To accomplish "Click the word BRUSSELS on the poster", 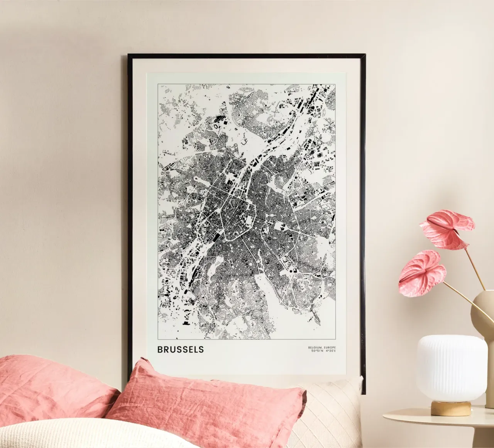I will coord(180,350).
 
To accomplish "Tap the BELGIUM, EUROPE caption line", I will coord(321,347).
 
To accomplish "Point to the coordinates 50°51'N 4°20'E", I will coord(321,351).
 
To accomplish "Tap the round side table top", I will coord(436,419).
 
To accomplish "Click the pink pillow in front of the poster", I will coord(201,406).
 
